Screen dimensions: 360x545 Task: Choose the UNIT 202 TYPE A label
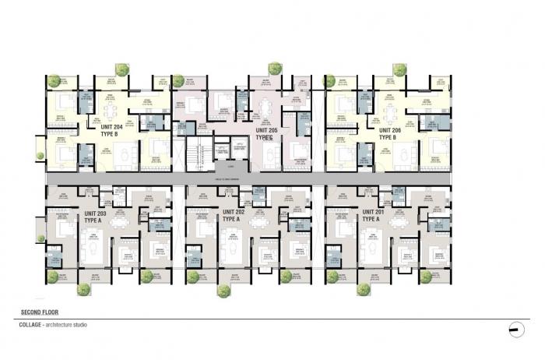[x=234, y=214]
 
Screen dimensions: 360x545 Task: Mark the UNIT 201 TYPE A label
[x=374, y=214]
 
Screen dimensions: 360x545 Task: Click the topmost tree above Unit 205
[x=274, y=68]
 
